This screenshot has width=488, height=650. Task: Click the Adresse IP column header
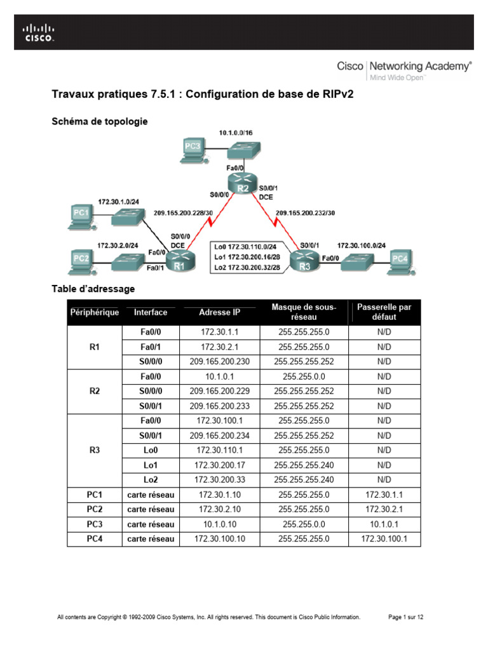pos(220,312)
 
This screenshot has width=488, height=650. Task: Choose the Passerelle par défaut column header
pos(384,312)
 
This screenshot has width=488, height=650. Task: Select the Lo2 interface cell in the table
pos(151,479)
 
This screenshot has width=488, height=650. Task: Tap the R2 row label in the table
pos(94,391)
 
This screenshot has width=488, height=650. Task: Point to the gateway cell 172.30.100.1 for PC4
pos(384,539)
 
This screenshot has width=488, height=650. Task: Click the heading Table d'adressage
pos(93,289)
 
